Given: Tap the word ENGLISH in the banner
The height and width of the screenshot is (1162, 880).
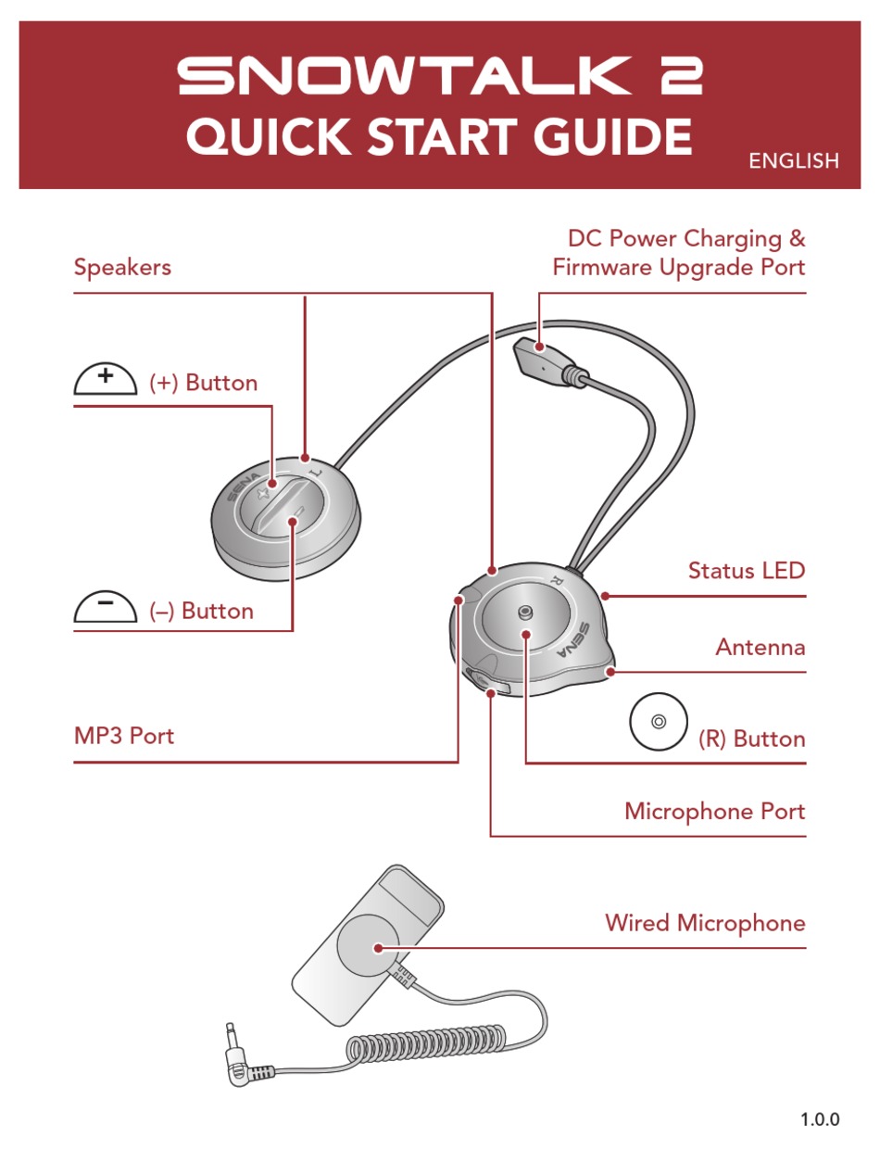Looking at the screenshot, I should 793,161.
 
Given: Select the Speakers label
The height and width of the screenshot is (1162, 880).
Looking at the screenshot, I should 122,268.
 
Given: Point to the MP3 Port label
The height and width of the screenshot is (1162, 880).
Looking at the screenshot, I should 123,737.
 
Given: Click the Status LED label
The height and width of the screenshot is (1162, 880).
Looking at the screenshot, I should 746,570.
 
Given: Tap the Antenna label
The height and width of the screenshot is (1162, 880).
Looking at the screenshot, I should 760,647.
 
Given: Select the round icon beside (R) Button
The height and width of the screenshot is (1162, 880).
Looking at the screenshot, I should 658,722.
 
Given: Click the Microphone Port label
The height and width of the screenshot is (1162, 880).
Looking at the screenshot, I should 714,812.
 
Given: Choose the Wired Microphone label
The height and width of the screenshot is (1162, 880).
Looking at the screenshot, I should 705,923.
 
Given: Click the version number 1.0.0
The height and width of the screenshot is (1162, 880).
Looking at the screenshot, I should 820,1119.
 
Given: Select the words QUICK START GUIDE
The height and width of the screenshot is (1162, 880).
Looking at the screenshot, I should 439,138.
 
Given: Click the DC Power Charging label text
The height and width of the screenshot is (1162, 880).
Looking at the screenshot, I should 686,239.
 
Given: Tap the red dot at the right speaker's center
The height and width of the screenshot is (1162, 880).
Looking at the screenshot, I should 525,635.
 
